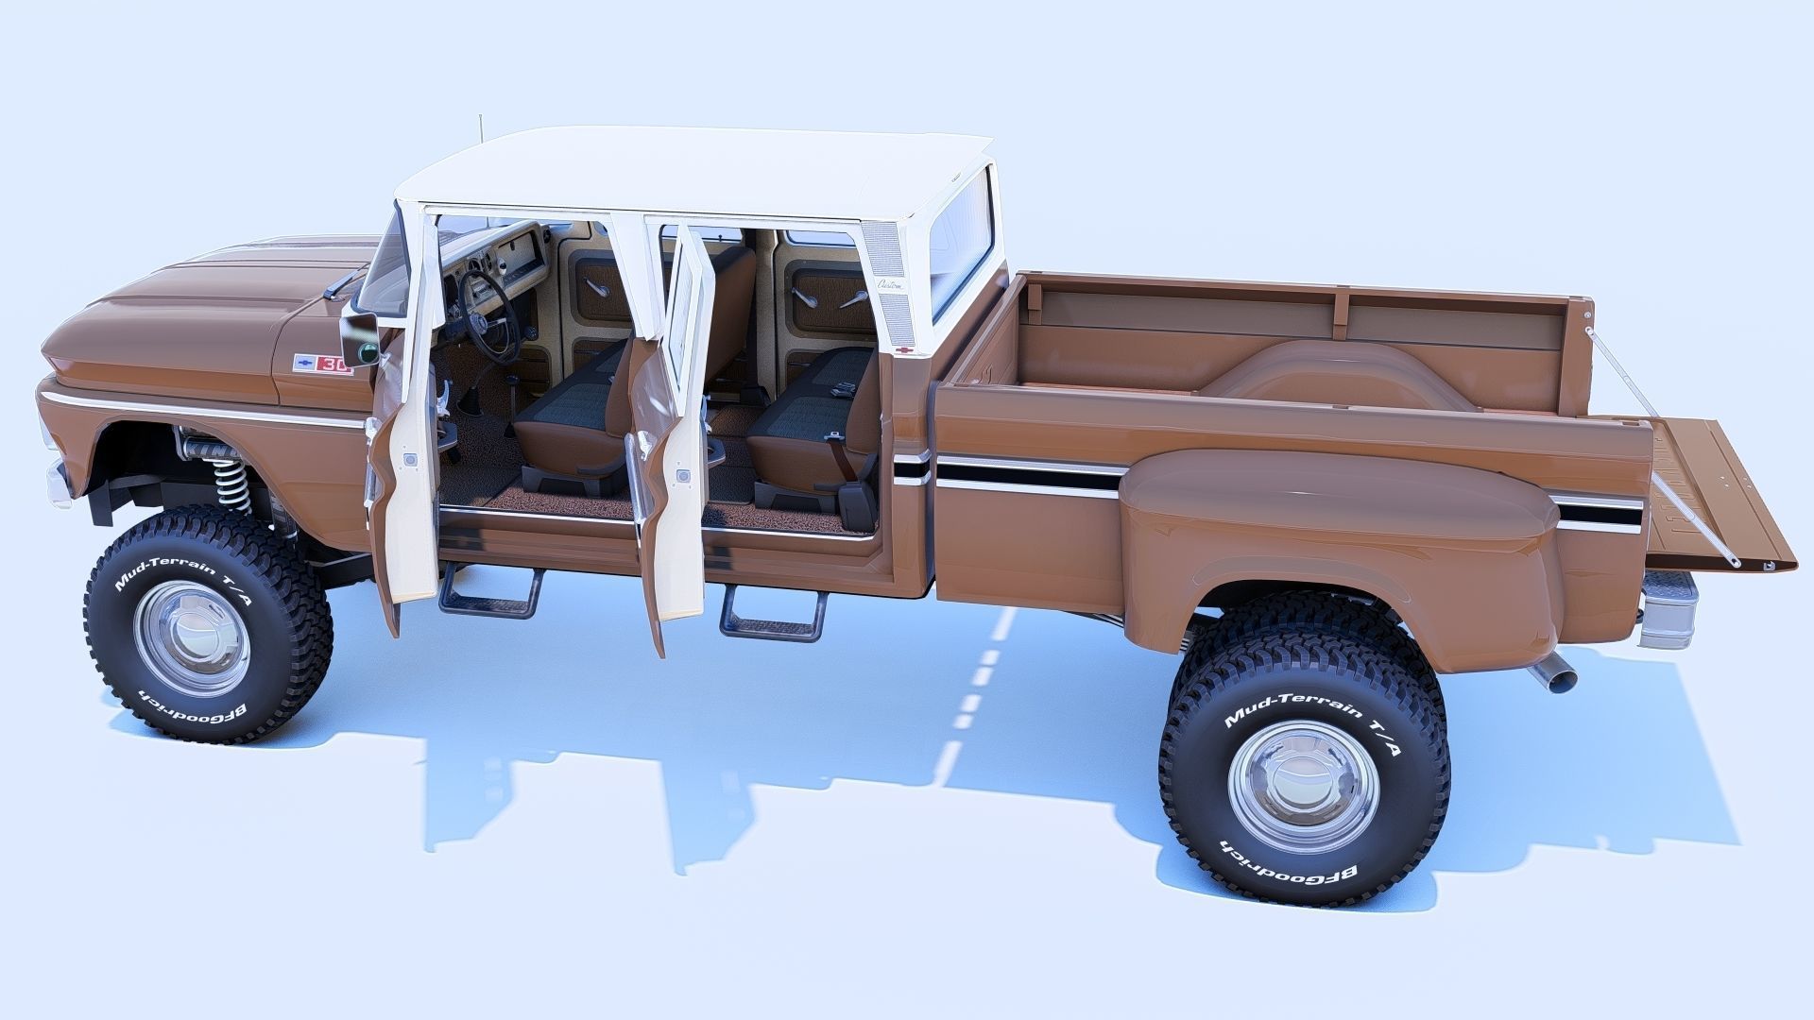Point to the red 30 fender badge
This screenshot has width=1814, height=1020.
pyautogui.click(x=334, y=365)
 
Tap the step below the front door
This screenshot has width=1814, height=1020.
pyautogui.click(x=489, y=593)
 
